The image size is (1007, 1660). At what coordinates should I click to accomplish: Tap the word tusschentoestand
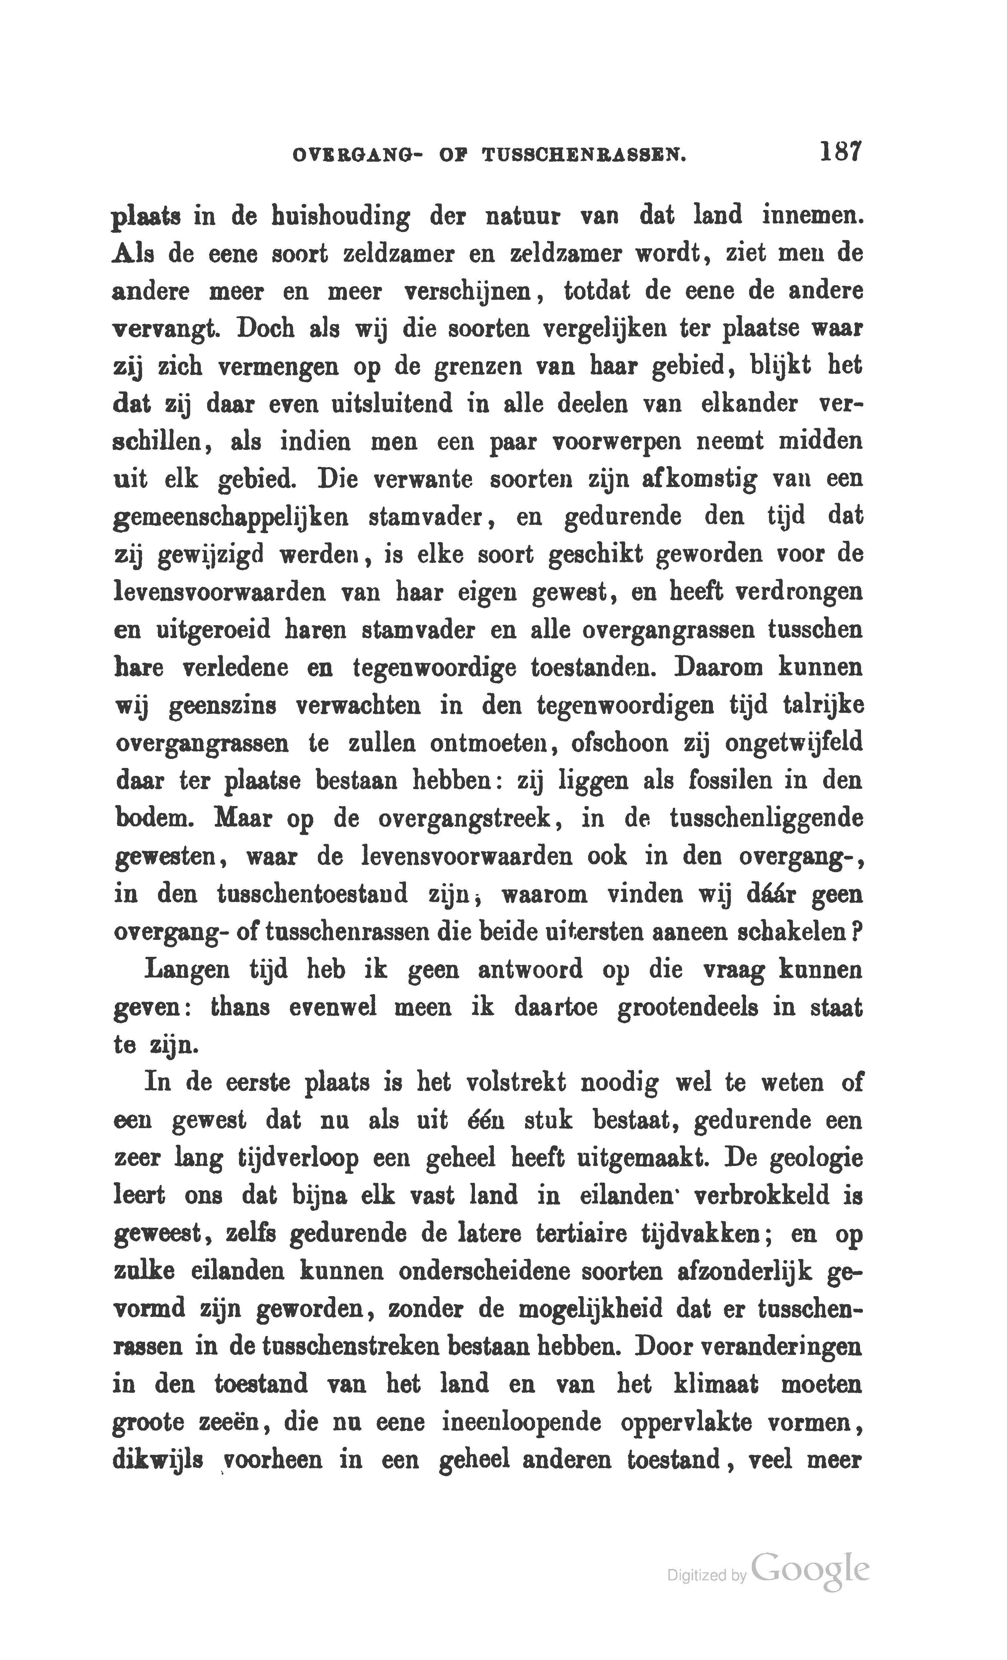[x=313, y=895]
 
